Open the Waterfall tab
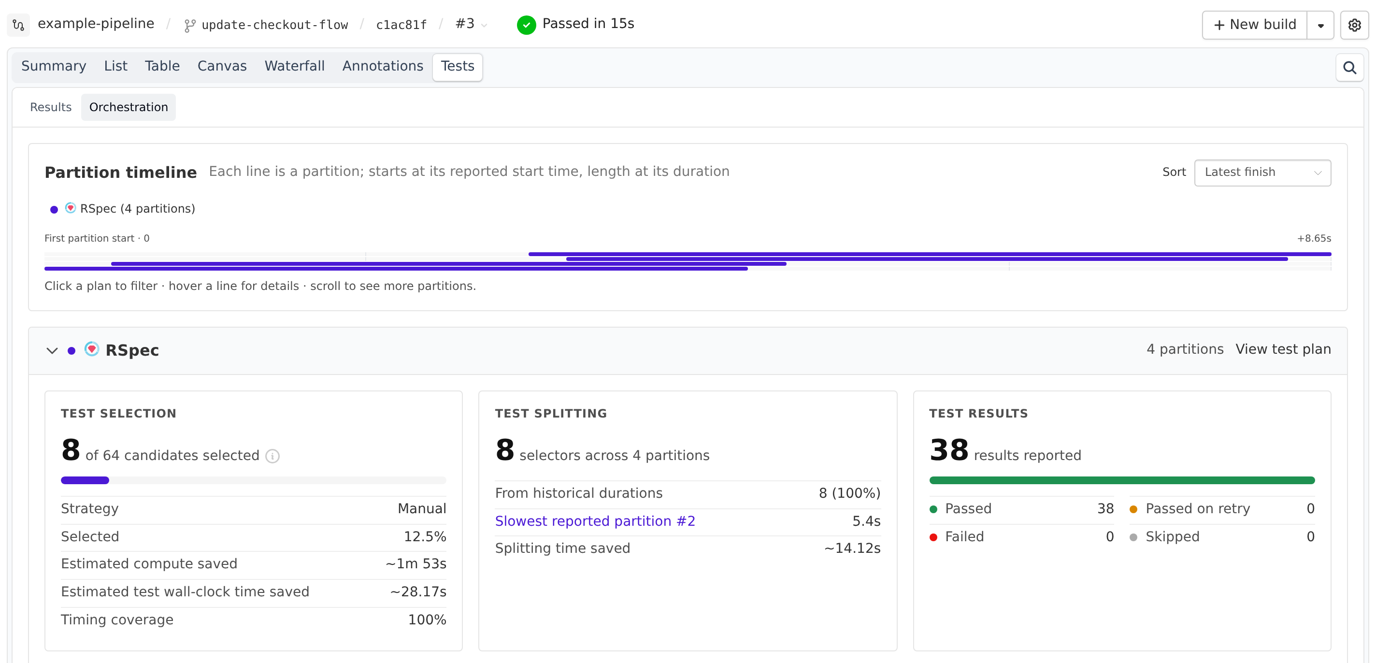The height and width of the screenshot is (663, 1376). (294, 66)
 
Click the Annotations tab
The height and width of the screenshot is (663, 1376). (383, 66)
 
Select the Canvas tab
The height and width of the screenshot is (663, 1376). (222, 66)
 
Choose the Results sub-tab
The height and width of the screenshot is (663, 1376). (51, 107)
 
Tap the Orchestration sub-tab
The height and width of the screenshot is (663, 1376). (129, 107)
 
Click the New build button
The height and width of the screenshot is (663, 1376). (1255, 25)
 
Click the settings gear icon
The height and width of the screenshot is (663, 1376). (1354, 25)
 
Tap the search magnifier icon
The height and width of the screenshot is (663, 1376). (1349, 68)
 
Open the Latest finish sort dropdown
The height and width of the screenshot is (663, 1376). (1262, 173)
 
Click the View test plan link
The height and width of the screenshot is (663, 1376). (1283, 349)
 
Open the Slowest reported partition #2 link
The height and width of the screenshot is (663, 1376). (595, 521)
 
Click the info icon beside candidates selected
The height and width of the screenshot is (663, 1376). (272, 456)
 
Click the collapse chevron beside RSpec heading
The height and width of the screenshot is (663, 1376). (52, 350)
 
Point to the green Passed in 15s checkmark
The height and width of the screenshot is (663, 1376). (526, 25)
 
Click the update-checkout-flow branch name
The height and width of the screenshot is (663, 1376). (274, 25)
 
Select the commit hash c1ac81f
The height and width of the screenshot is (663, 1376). (401, 25)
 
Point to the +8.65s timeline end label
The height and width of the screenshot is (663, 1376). (1314, 238)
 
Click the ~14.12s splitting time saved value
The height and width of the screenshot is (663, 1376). (852, 548)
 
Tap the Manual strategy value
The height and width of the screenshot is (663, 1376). (422, 508)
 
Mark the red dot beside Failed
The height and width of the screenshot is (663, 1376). (933, 537)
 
